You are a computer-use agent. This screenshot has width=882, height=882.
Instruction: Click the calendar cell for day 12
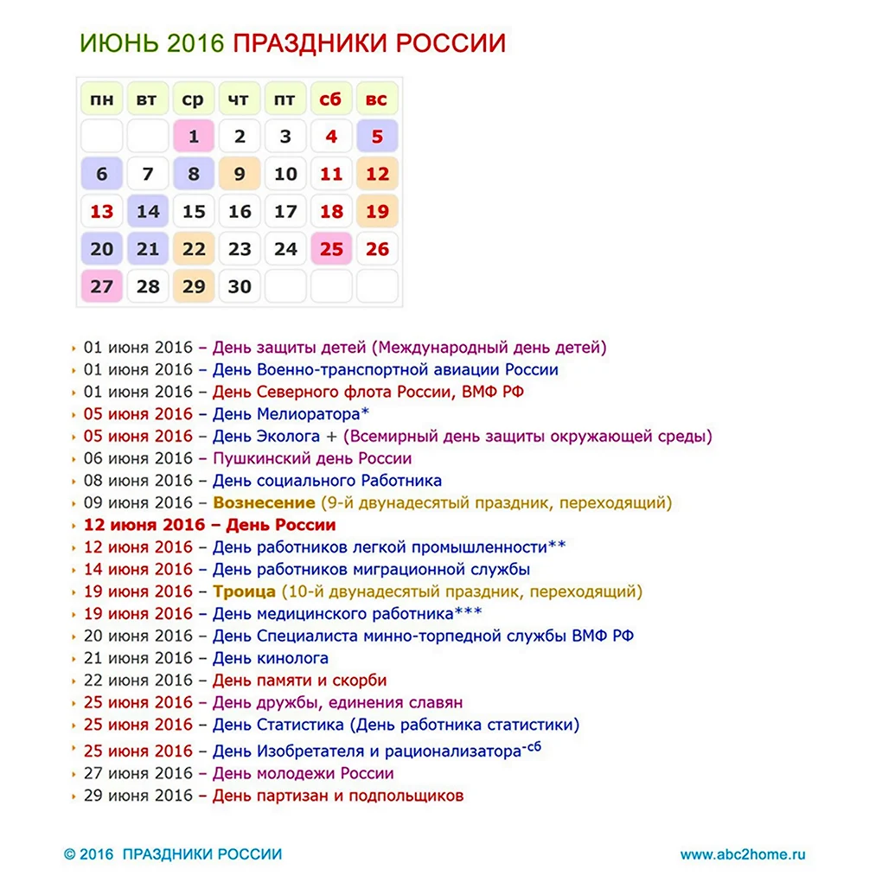[x=377, y=174]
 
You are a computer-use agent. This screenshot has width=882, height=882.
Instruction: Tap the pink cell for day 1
[x=194, y=137]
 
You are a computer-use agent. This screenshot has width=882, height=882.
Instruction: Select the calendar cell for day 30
[x=240, y=286]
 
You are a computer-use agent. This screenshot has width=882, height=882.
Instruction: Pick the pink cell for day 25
[x=331, y=249]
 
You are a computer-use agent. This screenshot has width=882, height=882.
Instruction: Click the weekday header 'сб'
[x=331, y=99]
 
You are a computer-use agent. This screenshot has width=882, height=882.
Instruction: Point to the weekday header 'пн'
[x=102, y=99]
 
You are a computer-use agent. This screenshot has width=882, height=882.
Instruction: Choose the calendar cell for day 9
[x=240, y=174]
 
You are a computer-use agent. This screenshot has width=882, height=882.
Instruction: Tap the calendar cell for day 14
[x=148, y=211]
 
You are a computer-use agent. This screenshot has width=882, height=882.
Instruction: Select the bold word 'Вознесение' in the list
[x=264, y=502]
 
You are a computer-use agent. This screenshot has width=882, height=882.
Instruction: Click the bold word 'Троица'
[x=244, y=591]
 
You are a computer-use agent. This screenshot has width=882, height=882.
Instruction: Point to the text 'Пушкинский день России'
[x=312, y=458]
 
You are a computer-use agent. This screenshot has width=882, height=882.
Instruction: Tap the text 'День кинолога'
[x=271, y=658]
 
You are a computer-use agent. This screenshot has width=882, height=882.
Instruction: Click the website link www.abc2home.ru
[x=743, y=854]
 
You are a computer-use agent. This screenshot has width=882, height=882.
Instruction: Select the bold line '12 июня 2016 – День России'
[x=209, y=525]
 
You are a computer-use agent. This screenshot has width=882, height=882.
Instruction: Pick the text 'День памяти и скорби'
[x=299, y=681]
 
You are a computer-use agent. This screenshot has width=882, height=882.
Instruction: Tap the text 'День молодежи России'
[x=303, y=773]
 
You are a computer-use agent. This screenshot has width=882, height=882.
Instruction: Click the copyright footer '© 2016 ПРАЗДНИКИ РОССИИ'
[x=173, y=854]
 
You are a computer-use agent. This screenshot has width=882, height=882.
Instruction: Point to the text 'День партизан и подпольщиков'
[x=338, y=796]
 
